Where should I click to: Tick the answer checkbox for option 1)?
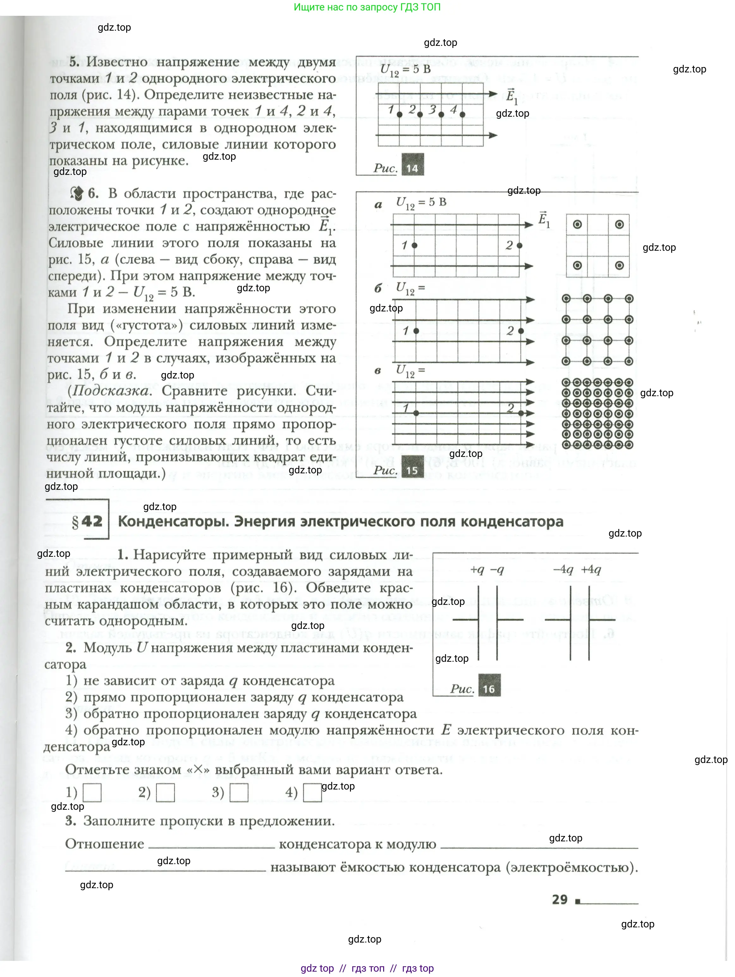point(92,793)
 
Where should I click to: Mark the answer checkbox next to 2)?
point(165,793)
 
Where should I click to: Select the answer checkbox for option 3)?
point(239,793)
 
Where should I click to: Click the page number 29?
point(560,900)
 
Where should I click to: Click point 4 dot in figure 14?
point(462,115)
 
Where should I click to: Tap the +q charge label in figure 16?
point(477,570)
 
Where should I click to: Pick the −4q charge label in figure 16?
point(563,570)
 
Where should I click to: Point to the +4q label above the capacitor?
point(591,570)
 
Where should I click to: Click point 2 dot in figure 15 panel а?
point(519,246)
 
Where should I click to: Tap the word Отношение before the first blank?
point(104,844)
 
